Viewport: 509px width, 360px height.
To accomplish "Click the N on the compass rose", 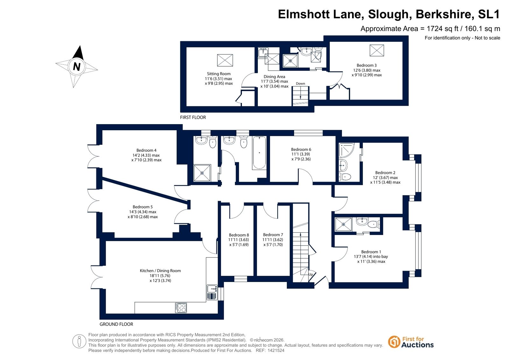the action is (77, 67).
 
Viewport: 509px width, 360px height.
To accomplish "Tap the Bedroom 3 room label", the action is (366, 66).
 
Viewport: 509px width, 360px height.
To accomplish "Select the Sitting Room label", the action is (219, 74).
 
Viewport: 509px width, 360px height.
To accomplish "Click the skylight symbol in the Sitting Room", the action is (225, 60).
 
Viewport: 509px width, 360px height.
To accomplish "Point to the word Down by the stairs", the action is (300, 83).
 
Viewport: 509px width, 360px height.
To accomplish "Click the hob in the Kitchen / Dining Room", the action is (181, 308).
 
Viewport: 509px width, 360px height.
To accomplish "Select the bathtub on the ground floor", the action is (259, 152).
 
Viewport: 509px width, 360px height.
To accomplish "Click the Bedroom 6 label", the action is (301, 149).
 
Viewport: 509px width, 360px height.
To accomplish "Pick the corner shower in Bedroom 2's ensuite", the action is (346, 150).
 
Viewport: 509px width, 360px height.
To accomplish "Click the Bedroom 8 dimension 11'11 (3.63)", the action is (239, 240).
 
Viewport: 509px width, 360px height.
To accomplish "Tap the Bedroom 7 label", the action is (273, 235).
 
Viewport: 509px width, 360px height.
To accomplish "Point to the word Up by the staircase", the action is (311, 274).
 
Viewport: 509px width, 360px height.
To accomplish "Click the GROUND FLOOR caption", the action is (116, 324).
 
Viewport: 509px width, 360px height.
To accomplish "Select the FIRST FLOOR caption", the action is (193, 117).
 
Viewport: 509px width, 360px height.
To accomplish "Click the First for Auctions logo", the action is (411, 342).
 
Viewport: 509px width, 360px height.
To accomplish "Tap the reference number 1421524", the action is (276, 350).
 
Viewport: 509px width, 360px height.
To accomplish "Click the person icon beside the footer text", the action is (79, 341).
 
